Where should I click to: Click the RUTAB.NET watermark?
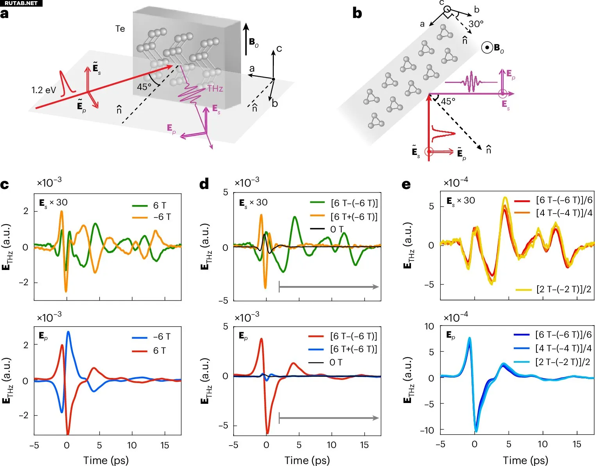pyautogui.click(x=21, y=3)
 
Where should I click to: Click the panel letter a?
pyautogui.click(x=4, y=14)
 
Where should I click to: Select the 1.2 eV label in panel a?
pyautogui.click(x=43, y=90)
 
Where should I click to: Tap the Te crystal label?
pyautogui.click(x=120, y=29)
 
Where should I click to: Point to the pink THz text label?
pyautogui.click(x=215, y=88)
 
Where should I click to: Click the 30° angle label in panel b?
pyautogui.click(x=476, y=24)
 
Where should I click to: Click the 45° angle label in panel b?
pyautogui.click(x=448, y=102)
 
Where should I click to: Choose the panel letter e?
pyautogui.click(x=406, y=184)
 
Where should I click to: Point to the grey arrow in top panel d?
pyautogui.click(x=329, y=287)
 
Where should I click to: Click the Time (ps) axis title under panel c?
pyautogui.click(x=106, y=460)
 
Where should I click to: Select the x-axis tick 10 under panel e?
pyautogui.click(x=542, y=444)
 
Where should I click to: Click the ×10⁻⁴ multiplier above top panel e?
pyautogui.click(x=456, y=182)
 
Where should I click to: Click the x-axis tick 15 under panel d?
pyautogui.click(x=364, y=445)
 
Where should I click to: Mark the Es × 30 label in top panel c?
pyautogui.click(x=53, y=203)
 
